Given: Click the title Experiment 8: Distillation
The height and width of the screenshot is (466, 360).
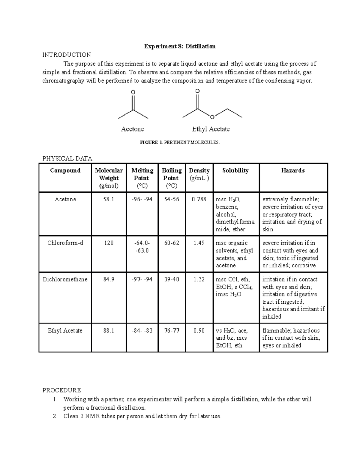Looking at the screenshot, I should tap(180, 46).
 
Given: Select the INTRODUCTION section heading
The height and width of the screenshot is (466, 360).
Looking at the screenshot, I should tap(67, 55).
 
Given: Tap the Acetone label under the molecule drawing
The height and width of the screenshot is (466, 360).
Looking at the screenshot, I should tap(132, 129).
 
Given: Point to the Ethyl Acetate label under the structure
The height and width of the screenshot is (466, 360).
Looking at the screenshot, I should tap(211, 129).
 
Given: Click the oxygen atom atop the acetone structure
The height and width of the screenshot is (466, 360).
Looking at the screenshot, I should tap(133, 92).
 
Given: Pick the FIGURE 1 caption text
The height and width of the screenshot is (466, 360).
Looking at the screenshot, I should tap(180, 143).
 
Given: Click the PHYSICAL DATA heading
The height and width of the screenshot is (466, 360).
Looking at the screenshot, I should tap(67, 158).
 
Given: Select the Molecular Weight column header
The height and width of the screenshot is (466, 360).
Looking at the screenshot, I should tap(109, 178).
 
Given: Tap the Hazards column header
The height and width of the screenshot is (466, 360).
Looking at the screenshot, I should tap(293, 170).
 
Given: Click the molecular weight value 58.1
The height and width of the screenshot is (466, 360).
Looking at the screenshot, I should tap(109, 199).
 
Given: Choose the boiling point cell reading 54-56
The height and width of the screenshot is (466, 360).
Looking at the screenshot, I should tap(172, 199).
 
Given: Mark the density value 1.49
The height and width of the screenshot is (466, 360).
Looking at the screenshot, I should tap(199, 243).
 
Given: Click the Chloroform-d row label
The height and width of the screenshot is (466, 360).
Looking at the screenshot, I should tap(65, 243).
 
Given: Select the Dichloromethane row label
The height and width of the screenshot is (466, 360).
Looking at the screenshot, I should tap(65, 279).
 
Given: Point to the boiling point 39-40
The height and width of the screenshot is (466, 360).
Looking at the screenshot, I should tap(172, 279).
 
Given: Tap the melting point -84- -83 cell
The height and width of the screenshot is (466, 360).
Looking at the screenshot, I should tap(142, 330).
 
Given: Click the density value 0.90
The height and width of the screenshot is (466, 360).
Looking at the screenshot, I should tap(199, 330).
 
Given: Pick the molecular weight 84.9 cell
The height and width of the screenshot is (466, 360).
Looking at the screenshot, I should tap(109, 279).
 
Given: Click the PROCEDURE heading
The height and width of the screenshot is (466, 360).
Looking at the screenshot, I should tap(61, 390).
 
